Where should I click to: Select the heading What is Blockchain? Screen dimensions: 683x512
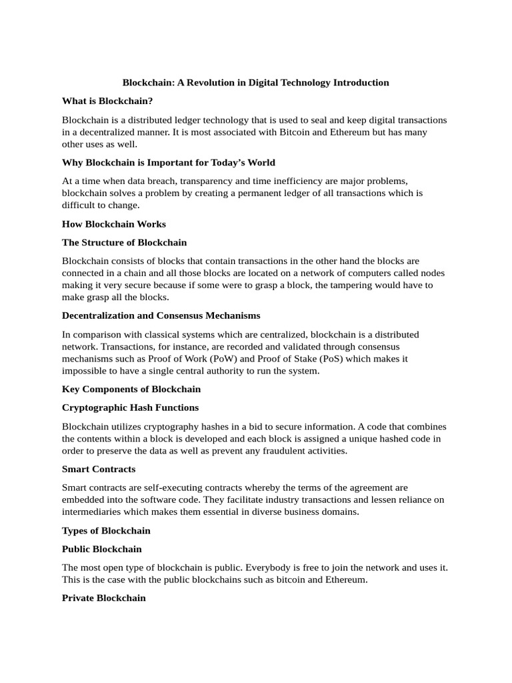107,101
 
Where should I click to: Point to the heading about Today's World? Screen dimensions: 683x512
169,163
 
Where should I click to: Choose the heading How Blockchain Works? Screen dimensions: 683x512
114,224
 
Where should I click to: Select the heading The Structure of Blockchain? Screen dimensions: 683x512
125,243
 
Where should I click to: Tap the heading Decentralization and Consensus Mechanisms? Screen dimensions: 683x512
161,315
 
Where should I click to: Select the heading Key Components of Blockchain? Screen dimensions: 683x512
131,389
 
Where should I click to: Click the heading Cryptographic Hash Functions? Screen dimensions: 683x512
131,408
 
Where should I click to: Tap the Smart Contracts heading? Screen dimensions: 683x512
99,470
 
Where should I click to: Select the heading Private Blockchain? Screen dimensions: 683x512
104,598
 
